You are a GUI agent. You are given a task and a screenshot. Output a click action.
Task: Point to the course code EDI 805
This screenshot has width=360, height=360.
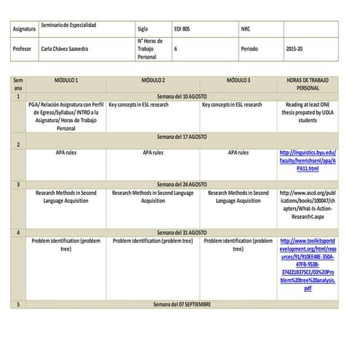coord(185,29)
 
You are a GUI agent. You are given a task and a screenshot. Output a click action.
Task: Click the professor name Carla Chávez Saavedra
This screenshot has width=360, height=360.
coord(65,49)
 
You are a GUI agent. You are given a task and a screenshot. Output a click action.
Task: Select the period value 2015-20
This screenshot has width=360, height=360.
coord(295,49)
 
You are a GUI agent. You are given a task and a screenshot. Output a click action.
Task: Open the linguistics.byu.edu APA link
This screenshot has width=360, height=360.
coord(308,161)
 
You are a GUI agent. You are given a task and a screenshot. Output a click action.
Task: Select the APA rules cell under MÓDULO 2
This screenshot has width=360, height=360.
coord(153,153)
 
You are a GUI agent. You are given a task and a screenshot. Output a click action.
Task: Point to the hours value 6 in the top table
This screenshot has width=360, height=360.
coord(176,49)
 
